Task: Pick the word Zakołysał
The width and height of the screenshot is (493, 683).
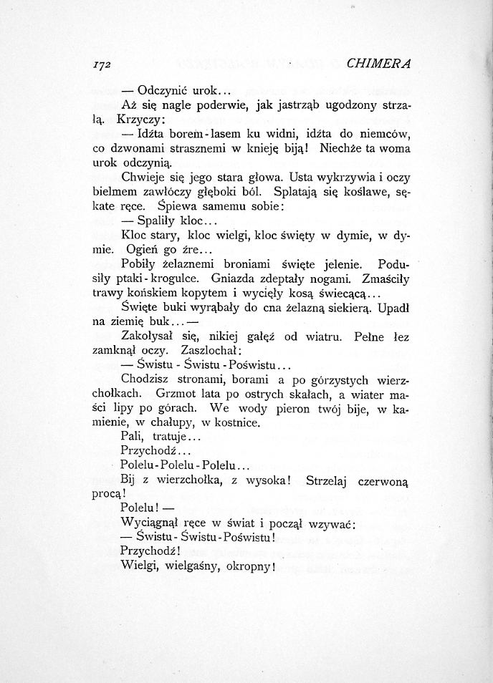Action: [150, 336]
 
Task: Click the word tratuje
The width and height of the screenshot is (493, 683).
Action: [166, 437]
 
